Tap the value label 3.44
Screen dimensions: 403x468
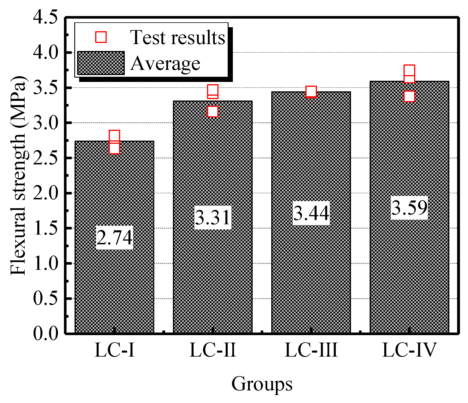pyautogui.click(x=311, y=213)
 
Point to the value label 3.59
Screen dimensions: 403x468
pyautogui.click(x=409, y=208)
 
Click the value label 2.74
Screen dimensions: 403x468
pyautogui.click(x=114, y=237)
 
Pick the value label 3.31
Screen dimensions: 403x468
pyautogui.click(x=212, y=217)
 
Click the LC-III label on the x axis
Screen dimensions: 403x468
pyautogui.click(x=311, y=350)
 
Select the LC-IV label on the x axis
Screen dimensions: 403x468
pyautogui.click(x=409, y=350)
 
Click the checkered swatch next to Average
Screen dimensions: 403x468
pyautogui.click(x=101, y=63)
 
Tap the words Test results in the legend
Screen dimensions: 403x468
pyautogui.click(x=178, y=37)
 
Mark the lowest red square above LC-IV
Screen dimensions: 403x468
pyautogui.click(x=409, y=96)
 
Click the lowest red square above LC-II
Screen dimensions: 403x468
pyautogui.click(x=212, y=111)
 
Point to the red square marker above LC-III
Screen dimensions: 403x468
pyautogui.click(x=311, y=92)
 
